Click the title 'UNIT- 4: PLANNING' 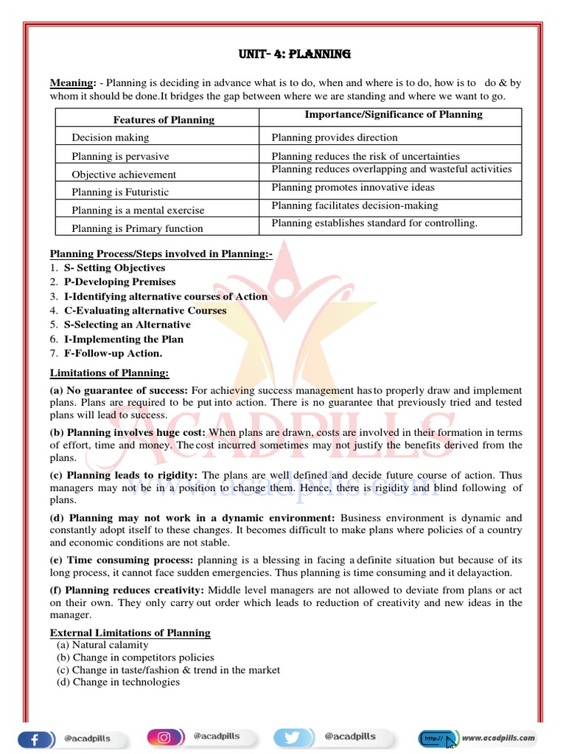click(x=295, y=54)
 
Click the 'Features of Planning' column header click(x=164, y=119)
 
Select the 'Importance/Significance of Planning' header click(x=394, y=114)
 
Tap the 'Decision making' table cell click(x=110, y=137)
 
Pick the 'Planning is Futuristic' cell click(x=120, y=191)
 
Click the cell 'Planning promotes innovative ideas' click(x=353, y=188)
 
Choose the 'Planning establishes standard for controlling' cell click(x=374, y=222)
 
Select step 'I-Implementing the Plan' click(x=124, y=339)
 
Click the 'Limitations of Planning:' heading click(x=109, y=373)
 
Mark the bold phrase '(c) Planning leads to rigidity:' click(x=125, y=475)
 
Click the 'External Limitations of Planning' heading click(x=130, y=633)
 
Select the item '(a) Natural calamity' click(x=102, y=645)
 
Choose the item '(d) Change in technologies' click(x=118, y=683)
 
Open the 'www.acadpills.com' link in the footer click(x=499, y=738)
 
